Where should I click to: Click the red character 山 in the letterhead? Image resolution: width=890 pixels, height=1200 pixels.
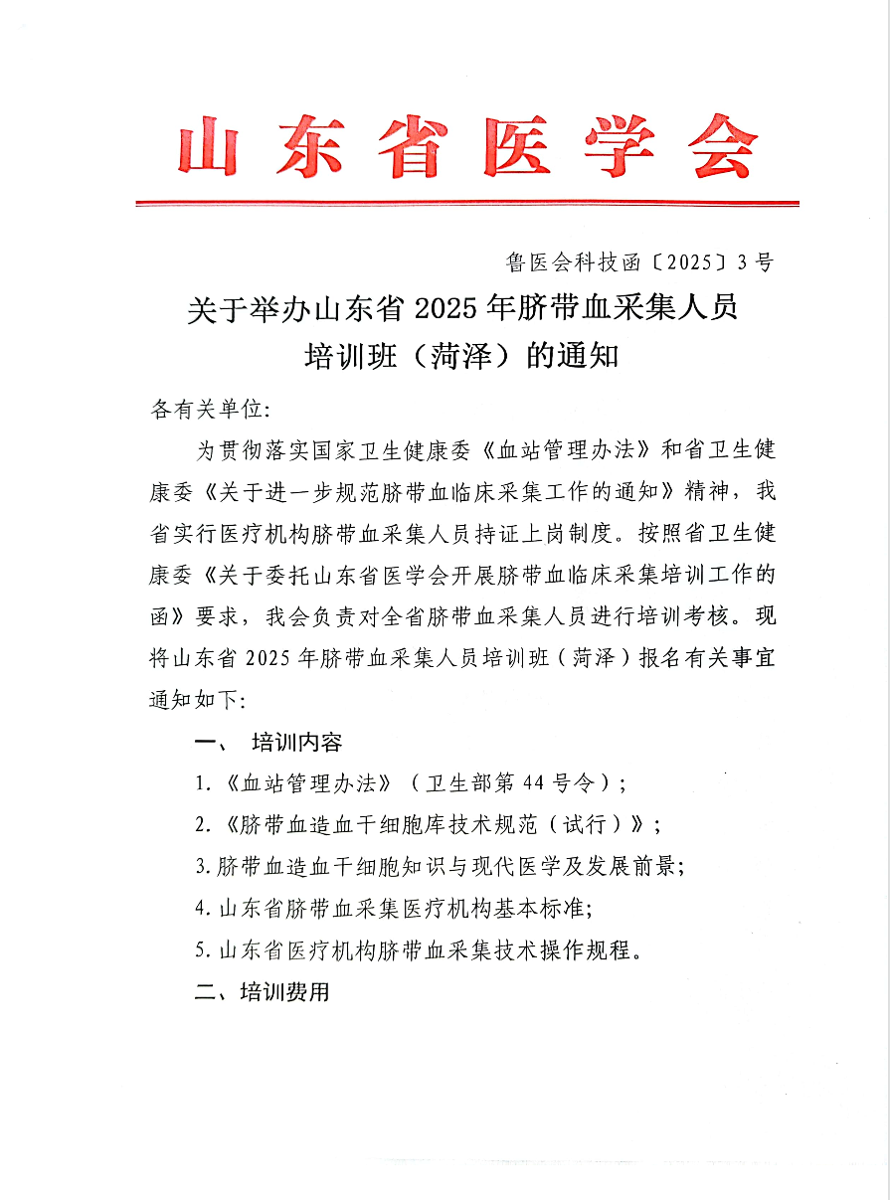click(215, 147)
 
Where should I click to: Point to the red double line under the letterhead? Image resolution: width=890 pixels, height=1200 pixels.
click(467, 204)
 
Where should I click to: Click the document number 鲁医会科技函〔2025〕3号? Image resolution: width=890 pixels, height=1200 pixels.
click(638, 262)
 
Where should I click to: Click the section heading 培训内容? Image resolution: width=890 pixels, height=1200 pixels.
click(297, 742)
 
